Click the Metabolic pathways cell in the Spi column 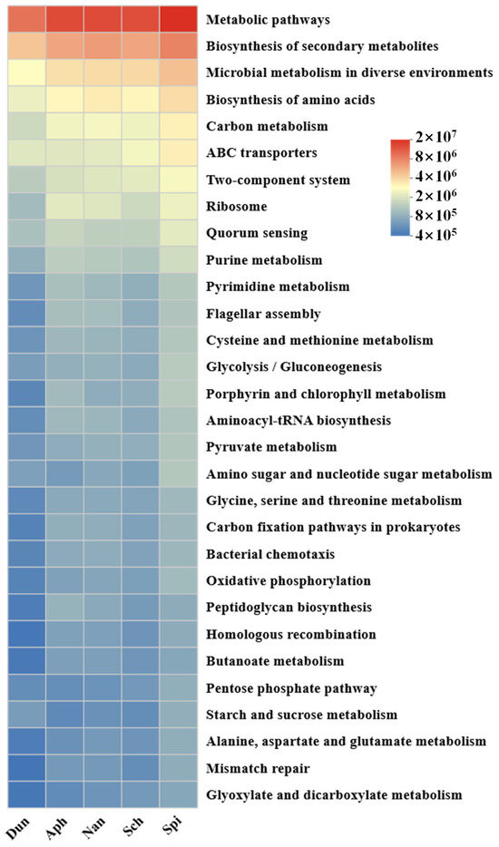coord(178,19)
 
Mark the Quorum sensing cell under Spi coord(178,233)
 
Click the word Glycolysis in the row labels coord(239,367)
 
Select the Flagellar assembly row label coord(262,314)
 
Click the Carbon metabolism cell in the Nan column coord(103,126)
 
